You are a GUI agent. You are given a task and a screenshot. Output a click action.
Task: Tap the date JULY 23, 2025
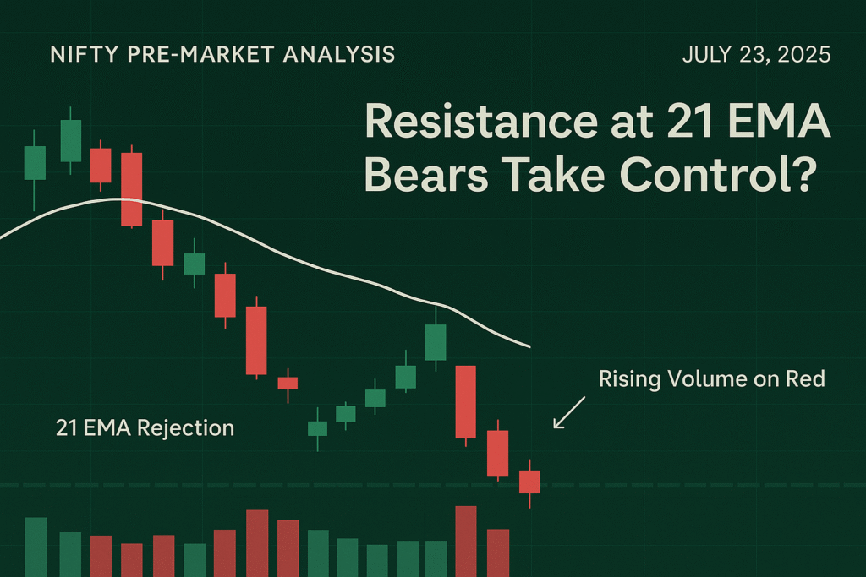click(x=756, y=55)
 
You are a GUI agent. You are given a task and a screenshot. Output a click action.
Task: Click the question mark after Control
click(x=803, y=174)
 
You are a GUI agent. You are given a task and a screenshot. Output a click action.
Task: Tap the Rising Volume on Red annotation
click(x=711, y=379)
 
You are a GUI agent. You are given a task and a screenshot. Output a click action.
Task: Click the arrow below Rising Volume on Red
click(x=569, y=412)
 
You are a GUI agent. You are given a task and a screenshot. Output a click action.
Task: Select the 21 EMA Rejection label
click(x=145, y=428)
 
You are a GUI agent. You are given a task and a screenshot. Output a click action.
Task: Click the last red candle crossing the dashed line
click(x=529, y=482)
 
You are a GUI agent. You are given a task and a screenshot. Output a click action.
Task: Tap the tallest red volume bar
click(x=466, y=542)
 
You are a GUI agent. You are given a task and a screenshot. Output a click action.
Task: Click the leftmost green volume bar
click(x=36, y=547)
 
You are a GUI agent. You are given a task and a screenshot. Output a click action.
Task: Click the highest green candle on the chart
click(x=71, y=141)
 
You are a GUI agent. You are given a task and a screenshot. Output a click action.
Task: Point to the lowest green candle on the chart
click(x=318, y=428)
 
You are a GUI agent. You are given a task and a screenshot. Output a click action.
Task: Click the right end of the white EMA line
click(x=529, y=347)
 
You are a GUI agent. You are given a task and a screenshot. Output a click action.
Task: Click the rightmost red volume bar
click(x=498, y=553)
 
